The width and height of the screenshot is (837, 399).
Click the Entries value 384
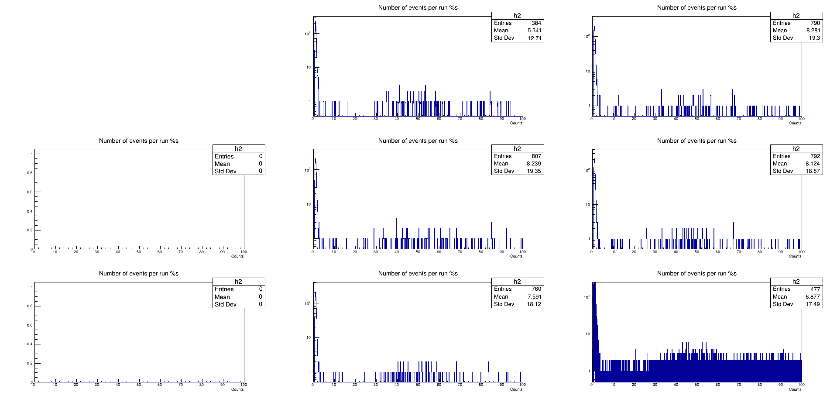point(536,23)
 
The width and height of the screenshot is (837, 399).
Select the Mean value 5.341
point(534,31)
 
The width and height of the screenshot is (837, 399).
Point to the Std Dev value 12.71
point(534,38)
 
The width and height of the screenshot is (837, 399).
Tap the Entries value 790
point(815,23)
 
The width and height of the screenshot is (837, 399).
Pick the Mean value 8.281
point(813,31)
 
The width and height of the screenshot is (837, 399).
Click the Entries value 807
point(536,156)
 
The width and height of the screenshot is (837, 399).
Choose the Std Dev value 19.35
point(534,171)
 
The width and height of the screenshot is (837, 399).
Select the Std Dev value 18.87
point(813,171)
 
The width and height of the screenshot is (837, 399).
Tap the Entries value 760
point(536,289)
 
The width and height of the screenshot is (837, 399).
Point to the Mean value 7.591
point(534,297)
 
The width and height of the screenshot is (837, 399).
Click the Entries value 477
point(815,289)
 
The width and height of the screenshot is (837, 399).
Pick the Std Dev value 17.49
point(813,304)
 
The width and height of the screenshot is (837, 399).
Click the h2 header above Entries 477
point(796,282)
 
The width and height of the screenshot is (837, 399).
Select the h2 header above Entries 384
point(517,16)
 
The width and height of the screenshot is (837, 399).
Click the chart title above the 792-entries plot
point(696,141)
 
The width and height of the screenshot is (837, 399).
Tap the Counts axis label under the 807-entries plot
point(516,256)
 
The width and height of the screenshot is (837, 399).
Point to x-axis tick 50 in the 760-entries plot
point(418,385)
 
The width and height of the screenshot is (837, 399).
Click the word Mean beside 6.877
point(779,297)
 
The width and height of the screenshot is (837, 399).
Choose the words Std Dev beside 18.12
point(504,304)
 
